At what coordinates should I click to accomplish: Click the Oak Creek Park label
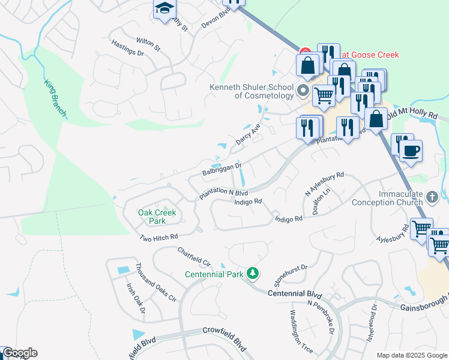[x=151, y=217]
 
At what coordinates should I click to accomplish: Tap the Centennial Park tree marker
[x=253, y=274]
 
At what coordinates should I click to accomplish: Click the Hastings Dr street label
[x=128, y=48]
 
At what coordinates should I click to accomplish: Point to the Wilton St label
[x=148, y=43]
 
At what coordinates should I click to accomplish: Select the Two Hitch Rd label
[x=158, y=238]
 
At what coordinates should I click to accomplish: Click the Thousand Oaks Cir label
[x=155, y=283]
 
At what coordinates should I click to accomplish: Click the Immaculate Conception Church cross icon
[x=432, y=197]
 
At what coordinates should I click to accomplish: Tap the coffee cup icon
[x=411, y=151]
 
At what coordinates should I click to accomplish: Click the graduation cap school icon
[x=163, y=8]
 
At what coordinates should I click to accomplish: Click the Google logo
[x=20, y=353]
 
